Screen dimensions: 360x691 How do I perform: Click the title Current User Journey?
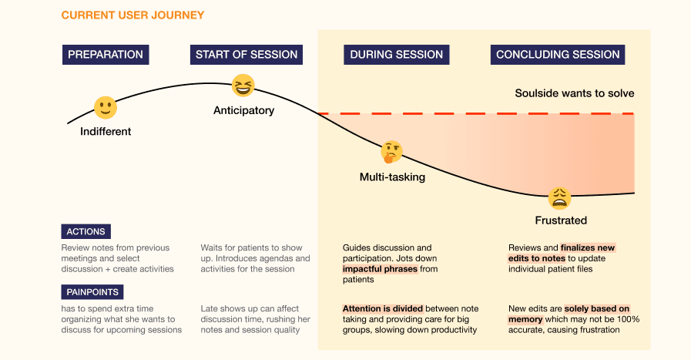[x=132, y=15]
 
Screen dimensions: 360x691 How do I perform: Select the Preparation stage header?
[x=106, y=55]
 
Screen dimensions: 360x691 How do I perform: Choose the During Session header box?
[x=397, y=55]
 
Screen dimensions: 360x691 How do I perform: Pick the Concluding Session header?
[x=558, y=55]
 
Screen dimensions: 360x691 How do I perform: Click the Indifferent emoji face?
[x=105, y=107]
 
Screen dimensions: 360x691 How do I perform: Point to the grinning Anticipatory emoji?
[x=243, y=86]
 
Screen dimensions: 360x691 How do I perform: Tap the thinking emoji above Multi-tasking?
[x=392, y=151]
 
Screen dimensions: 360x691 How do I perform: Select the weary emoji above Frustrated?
[x=560, y=198]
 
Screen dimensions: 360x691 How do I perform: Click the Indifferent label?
[x=106, y=132]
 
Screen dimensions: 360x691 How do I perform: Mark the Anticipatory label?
[x=243, y=110]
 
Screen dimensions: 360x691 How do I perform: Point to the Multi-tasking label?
[x=392, y=177]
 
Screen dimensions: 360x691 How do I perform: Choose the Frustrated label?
[x=561, y=220]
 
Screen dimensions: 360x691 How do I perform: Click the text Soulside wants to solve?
[x=575, y=93]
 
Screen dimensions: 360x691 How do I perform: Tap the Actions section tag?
[x=86, y=231]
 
